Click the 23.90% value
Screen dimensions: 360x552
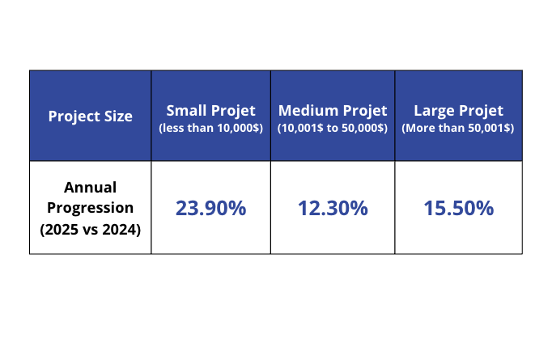[x=210, y=208]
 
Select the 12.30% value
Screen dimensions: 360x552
[x=333, y=208]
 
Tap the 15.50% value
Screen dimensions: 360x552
[x=458, y=208]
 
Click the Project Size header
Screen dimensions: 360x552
[x=90, y=116]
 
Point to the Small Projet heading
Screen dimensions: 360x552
[x=210, y=111]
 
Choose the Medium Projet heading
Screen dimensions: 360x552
[x=333, y=111]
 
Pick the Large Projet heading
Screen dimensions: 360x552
[x=458, y=111]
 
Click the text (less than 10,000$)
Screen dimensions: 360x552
[x=210, y=128]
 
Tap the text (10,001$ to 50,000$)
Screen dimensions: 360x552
[x=333, y=128]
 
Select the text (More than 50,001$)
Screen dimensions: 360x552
[x=458, y=128]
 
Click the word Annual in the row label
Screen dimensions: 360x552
[x=90, y=187]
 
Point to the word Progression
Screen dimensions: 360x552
[x=90, y=208]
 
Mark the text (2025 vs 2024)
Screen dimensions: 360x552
[x=90, y=229]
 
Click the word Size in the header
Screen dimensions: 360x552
[x=117, y=116]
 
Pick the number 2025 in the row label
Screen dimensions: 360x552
[x=62, y=229]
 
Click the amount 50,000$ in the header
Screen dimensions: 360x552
[x=365, y=128]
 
